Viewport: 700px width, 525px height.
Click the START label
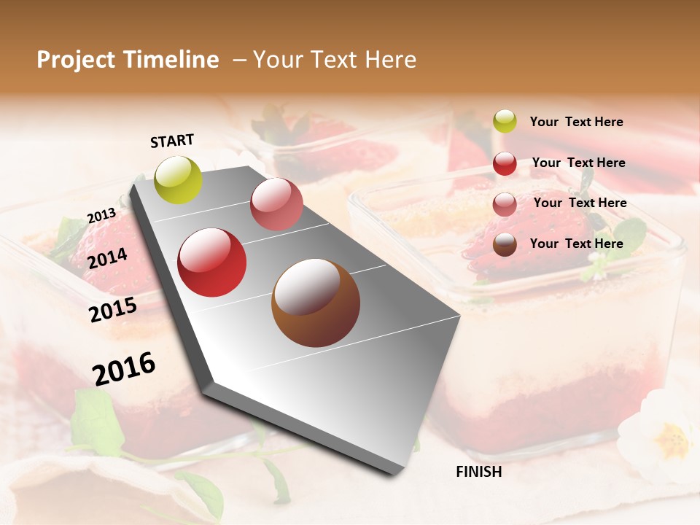click(x=172, y=140)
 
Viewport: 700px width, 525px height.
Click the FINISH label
click(x=478, y=472)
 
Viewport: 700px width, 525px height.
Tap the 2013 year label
click(x=101, y=215)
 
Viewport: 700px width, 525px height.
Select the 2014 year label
click(x=107, y=258)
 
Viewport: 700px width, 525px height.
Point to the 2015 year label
click(x=112, y=309)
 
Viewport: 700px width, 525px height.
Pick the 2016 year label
click(x=124, y=368)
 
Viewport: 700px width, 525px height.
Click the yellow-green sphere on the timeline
click(x=178, y=179)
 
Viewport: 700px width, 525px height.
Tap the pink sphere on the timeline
click(x=276, y=203)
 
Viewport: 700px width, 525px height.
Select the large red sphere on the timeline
click(x=212, y=262)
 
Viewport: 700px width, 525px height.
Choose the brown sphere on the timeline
click(x=315, y=303)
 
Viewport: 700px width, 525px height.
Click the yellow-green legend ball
click(x=505, y=121)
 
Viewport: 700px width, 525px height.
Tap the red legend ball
click(x=505, y=163)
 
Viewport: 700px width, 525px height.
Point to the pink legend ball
click(x=505, y=204)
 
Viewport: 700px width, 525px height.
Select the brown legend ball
click(x=505, y=244)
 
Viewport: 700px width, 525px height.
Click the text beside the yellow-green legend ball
click(x=576, y=122)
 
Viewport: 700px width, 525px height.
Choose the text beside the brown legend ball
click(x=576, y=244)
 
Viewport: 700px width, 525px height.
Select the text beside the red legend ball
click(x=578, y=163)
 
